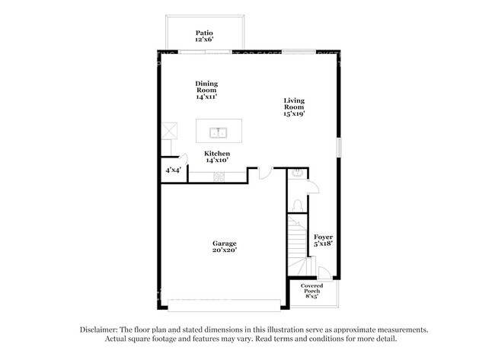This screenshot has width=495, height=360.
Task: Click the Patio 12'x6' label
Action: pos(204,36)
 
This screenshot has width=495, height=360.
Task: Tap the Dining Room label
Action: pos(206,91)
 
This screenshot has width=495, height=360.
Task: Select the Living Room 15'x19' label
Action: pos(294,107)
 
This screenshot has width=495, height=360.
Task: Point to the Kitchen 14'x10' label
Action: pos(217,158)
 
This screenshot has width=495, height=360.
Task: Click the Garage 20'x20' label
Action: pos(224,248)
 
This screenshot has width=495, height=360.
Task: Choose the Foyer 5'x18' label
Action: pos(324,241)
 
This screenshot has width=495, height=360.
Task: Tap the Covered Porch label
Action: pos(311,291)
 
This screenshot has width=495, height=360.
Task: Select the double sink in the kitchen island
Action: pos(218,132)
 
